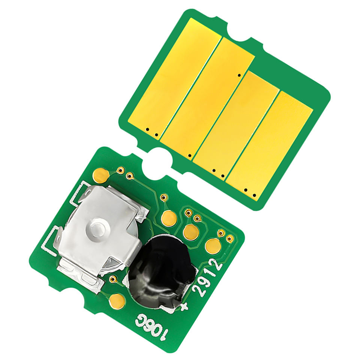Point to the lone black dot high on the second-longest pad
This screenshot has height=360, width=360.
(x=239, y=75)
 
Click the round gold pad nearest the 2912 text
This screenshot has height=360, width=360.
(x=213, y=246)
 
